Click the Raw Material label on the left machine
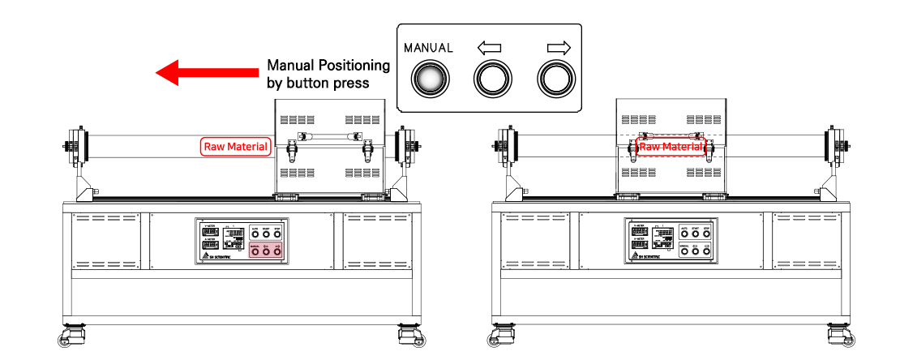[x=235, y=147]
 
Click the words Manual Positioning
[x=328, y=65]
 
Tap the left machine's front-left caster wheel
[x=70, y=335]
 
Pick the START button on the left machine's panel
[x=265, y=235]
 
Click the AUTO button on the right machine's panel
[x=684, y=235]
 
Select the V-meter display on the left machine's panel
[x=209, y=231]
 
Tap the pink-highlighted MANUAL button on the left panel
[x=254, y=253]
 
